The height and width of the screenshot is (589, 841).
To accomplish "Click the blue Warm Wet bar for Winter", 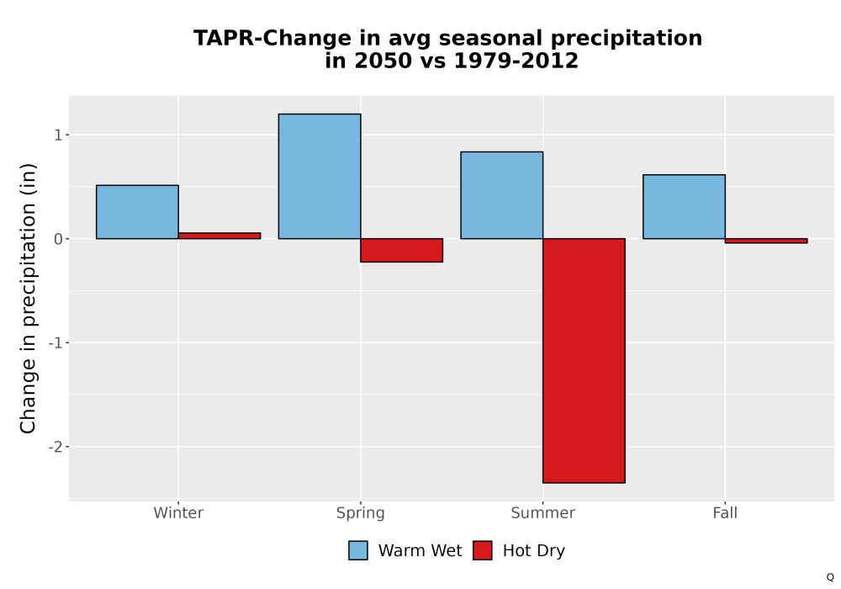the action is point(137,212).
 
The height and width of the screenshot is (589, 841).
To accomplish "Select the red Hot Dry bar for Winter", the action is point(220,236).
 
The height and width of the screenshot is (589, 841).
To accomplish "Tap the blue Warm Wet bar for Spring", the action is point(320,176).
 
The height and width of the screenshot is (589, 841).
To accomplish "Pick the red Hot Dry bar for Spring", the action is point(402,250).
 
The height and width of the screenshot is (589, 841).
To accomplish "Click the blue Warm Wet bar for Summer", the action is point(502,195).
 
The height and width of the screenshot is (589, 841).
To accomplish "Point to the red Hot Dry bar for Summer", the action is point(584,360).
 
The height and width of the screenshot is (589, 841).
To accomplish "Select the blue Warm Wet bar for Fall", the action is point(685,206).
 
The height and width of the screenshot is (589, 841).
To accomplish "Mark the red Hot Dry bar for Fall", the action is point(766,241).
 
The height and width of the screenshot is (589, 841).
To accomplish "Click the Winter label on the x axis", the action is point(178,512).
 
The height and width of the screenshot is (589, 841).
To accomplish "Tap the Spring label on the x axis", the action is point(361,513).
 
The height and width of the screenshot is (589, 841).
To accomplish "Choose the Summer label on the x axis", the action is point(542,512).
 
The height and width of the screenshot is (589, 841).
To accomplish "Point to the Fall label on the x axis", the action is point(725,512).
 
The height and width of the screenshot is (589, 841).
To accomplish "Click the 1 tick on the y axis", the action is point(58,135).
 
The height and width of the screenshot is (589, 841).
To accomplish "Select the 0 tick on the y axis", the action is point(58,239).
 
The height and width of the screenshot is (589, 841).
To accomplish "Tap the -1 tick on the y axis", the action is point(56,342).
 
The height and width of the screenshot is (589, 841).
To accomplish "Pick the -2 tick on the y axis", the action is point(56,447).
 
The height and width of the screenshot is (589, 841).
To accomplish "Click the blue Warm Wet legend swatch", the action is point(358,550).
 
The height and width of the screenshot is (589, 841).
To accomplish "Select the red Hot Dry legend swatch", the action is point(483,550).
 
